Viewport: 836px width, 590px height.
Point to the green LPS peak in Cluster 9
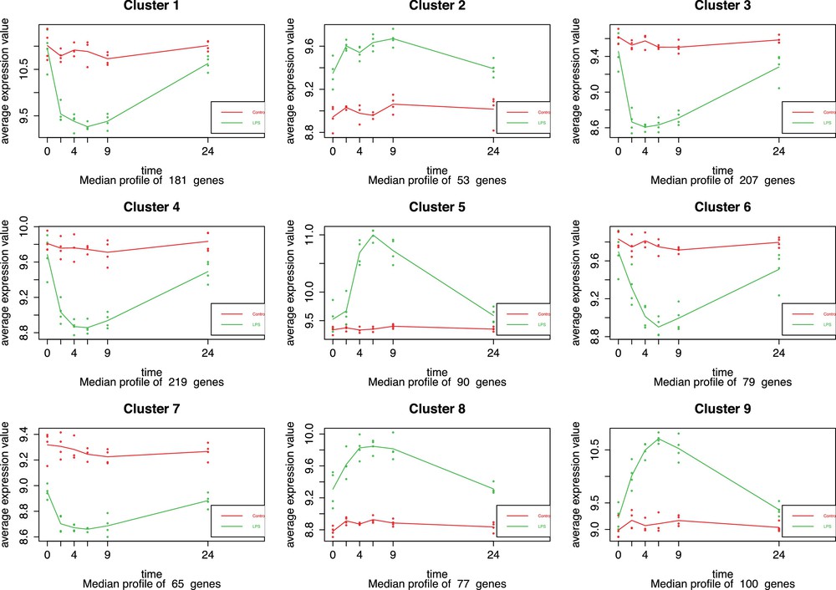tap(659, 438)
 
